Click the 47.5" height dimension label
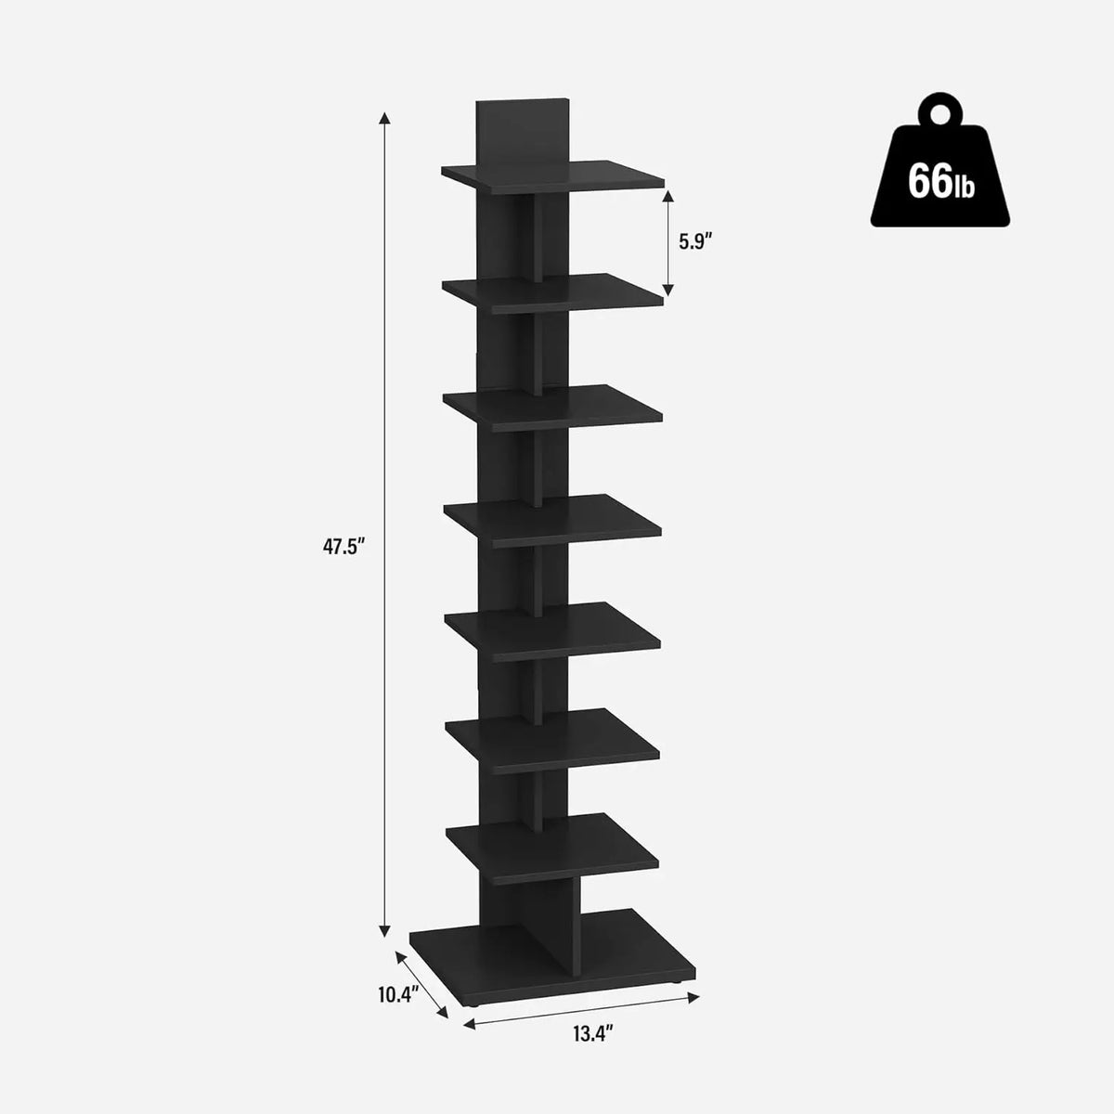[x=341, y=547]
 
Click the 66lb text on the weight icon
[x=940, y=181]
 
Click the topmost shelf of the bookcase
[x=554, y=174]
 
